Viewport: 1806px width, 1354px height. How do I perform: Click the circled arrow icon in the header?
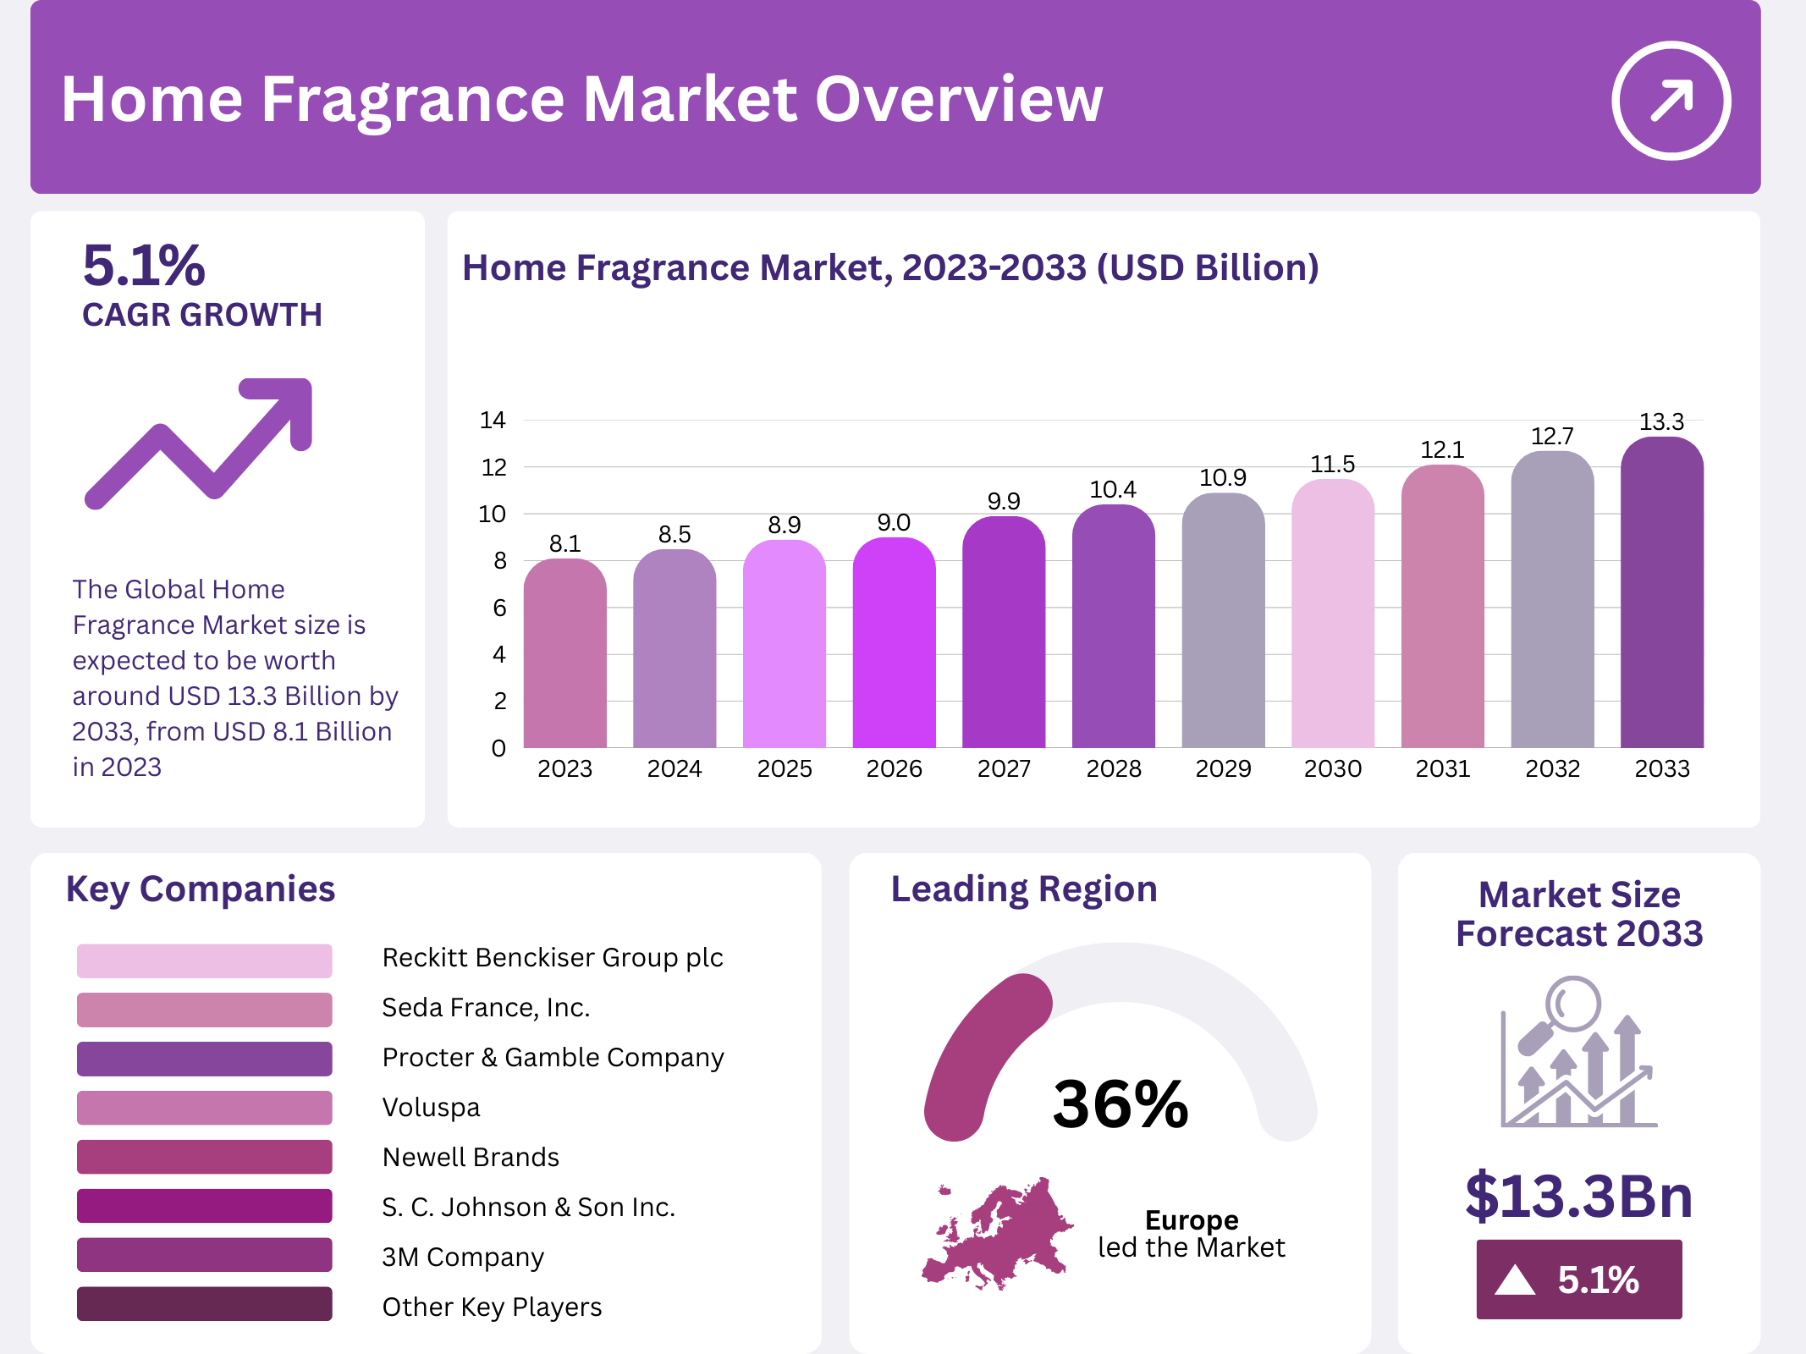click(x=1671, y=101)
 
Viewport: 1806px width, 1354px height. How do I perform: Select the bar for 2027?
click(x=1004, y=635)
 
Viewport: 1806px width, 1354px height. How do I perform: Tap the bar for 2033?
click(x=1661, y=592)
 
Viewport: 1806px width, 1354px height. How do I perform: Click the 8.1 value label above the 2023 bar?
click(x=564, y=543)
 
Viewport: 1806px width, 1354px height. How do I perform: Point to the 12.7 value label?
click(x=1552, y=437)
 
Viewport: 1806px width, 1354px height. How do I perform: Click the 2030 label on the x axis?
click(x=1332, y=768)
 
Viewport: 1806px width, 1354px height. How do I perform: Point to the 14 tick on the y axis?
click(x=493, y=420)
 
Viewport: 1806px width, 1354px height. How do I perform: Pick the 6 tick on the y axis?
click(x=499, y=608)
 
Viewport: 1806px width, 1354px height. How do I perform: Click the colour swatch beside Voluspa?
click(x=204, y=1107)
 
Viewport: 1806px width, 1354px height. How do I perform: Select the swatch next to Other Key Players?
click(x=204, y=1303)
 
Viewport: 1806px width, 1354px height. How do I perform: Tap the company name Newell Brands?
click(x=471, y=1157)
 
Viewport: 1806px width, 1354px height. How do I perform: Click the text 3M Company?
click(x=463, y=1257)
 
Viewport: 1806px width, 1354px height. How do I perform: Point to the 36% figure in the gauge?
click(x=1120, y=1104)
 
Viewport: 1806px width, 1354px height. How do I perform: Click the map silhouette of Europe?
click(x=999, y=1236)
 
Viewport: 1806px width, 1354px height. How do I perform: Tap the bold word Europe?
click(x=1192, y=1219)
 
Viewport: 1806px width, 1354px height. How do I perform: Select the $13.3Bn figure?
click(x=1579, y=1196)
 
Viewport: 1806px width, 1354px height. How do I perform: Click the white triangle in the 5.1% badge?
click(x=1515, y=1280)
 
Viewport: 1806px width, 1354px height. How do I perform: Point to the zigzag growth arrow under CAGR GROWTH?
click(x=200, y=443)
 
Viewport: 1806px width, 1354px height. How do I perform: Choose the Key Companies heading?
click(x=201, y=889)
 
